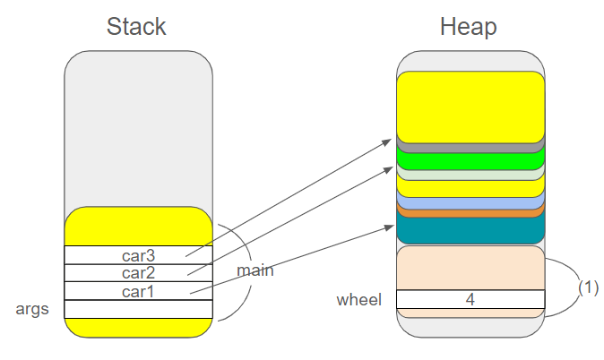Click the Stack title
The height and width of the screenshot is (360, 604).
(136, 26)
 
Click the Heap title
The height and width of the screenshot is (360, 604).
(468, 26)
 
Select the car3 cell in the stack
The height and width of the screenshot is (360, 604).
(138, 255)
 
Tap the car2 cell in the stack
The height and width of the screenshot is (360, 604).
(138, 272)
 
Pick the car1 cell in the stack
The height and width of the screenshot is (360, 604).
(138, 291)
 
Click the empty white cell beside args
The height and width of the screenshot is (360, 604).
(138, 309)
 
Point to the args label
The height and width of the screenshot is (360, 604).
(32, 309)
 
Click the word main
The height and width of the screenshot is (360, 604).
(255, 270)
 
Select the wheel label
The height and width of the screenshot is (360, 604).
(358, 299)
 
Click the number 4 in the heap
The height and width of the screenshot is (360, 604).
(470, 299)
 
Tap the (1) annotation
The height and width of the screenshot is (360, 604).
(587, 288)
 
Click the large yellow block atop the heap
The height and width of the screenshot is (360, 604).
(470, 106)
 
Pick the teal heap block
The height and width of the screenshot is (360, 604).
(470, 230)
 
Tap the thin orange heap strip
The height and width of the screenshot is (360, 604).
(470, 212)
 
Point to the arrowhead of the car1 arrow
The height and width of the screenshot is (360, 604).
(391, 227)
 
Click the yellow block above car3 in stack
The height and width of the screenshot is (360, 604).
(138, 227)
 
